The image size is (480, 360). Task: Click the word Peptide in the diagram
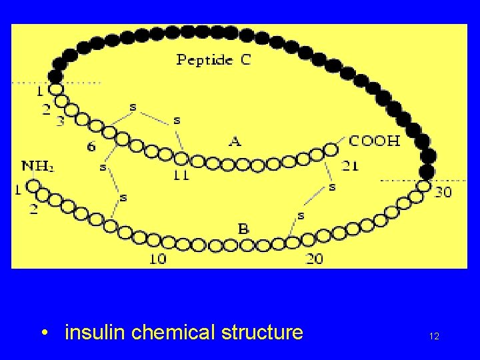[x=205, y=60]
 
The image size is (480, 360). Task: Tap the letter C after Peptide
[x=246, y=59]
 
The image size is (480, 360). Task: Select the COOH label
[x=375, y=141]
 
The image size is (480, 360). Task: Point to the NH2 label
[x=37, y=166]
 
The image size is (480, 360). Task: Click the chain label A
[x=235, y=141]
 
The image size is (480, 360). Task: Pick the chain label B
[x=244, y=229]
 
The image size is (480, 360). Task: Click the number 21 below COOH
[x=351, y=165]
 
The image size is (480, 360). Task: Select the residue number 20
[x=315, y=259]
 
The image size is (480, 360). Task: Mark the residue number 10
[x=157, y=259]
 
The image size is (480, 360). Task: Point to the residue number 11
[x=180, y=176]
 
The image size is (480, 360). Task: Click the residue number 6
[x=91, y=146]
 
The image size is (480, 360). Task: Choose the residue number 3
[x=60, y=121]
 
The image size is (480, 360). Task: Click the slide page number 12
[x=434, y=337]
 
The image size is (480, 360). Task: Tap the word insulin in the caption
[x=95, y=332]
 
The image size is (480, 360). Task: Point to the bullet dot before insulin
[x=43, y=333]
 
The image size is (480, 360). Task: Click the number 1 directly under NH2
[x=18, y=191]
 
